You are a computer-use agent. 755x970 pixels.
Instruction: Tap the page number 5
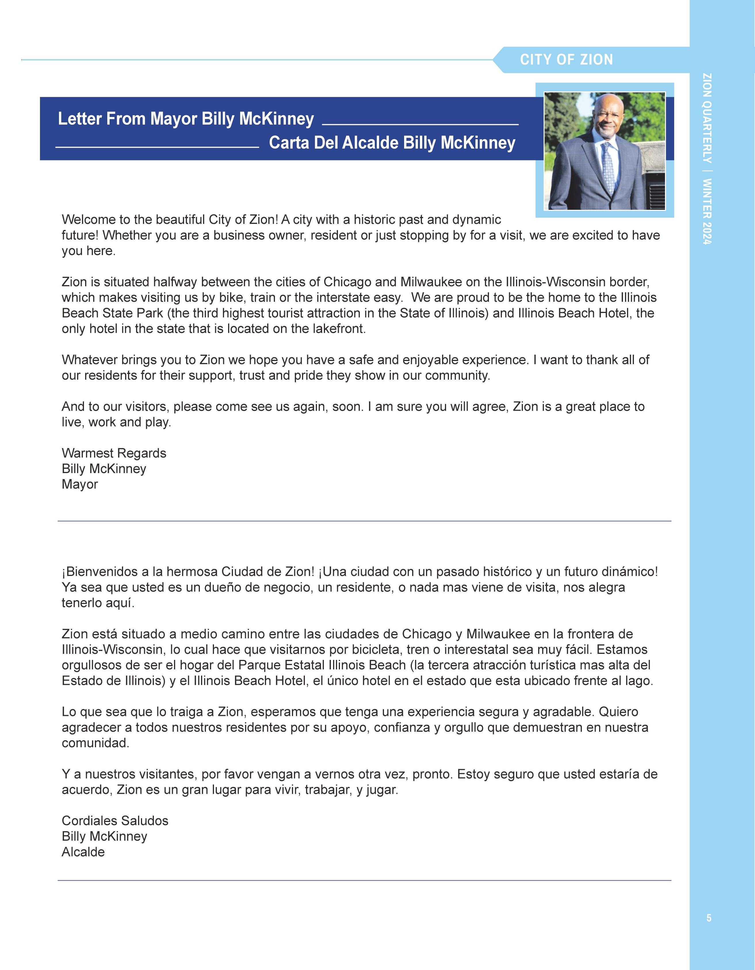[709, 918]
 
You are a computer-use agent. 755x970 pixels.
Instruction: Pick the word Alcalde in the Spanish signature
[83, 852]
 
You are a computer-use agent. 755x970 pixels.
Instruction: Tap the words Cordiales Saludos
[115, 821]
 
